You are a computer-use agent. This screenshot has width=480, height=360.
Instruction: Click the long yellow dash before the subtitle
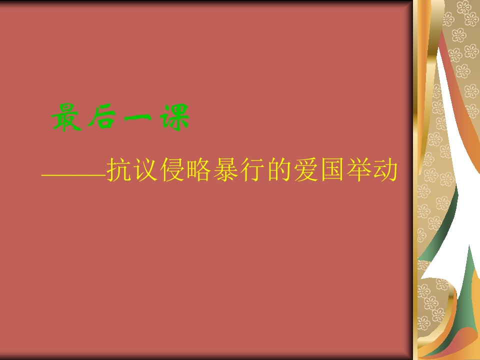click(x=74, y=176)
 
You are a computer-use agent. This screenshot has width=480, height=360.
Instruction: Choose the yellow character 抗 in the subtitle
click(x=119, y=170)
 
